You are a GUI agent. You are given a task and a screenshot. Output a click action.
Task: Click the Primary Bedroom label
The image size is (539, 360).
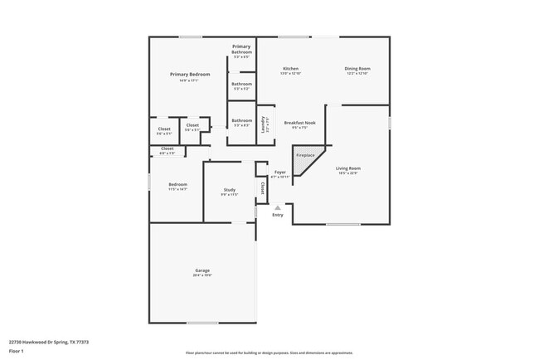(190, 75)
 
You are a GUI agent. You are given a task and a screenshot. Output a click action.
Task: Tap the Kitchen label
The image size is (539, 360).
(290, 68)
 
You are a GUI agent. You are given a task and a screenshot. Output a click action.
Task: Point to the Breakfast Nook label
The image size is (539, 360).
(299, 123)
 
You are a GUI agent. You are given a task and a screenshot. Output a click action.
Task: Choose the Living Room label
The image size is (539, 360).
(348, 168)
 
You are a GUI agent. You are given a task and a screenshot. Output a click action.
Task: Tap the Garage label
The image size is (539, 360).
(202, 270)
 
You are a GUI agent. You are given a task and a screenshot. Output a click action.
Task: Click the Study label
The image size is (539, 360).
(229, 190)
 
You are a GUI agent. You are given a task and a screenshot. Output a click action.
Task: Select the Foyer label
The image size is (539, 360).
(280, 173)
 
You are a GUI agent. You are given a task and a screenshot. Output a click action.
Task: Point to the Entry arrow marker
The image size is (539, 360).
(277, 207)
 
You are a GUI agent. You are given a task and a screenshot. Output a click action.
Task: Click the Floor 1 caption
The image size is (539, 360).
(17, 351)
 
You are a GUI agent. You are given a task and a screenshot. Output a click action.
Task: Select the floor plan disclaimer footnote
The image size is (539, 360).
(269, 353)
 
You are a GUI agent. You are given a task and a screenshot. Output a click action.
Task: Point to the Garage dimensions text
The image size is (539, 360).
(202, 275)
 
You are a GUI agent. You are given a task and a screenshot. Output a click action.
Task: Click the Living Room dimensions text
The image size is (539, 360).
(348, 173)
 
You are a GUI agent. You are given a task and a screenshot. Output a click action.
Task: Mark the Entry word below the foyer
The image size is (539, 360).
(277, 215)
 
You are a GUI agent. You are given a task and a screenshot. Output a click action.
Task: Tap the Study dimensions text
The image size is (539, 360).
(229, 195)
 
